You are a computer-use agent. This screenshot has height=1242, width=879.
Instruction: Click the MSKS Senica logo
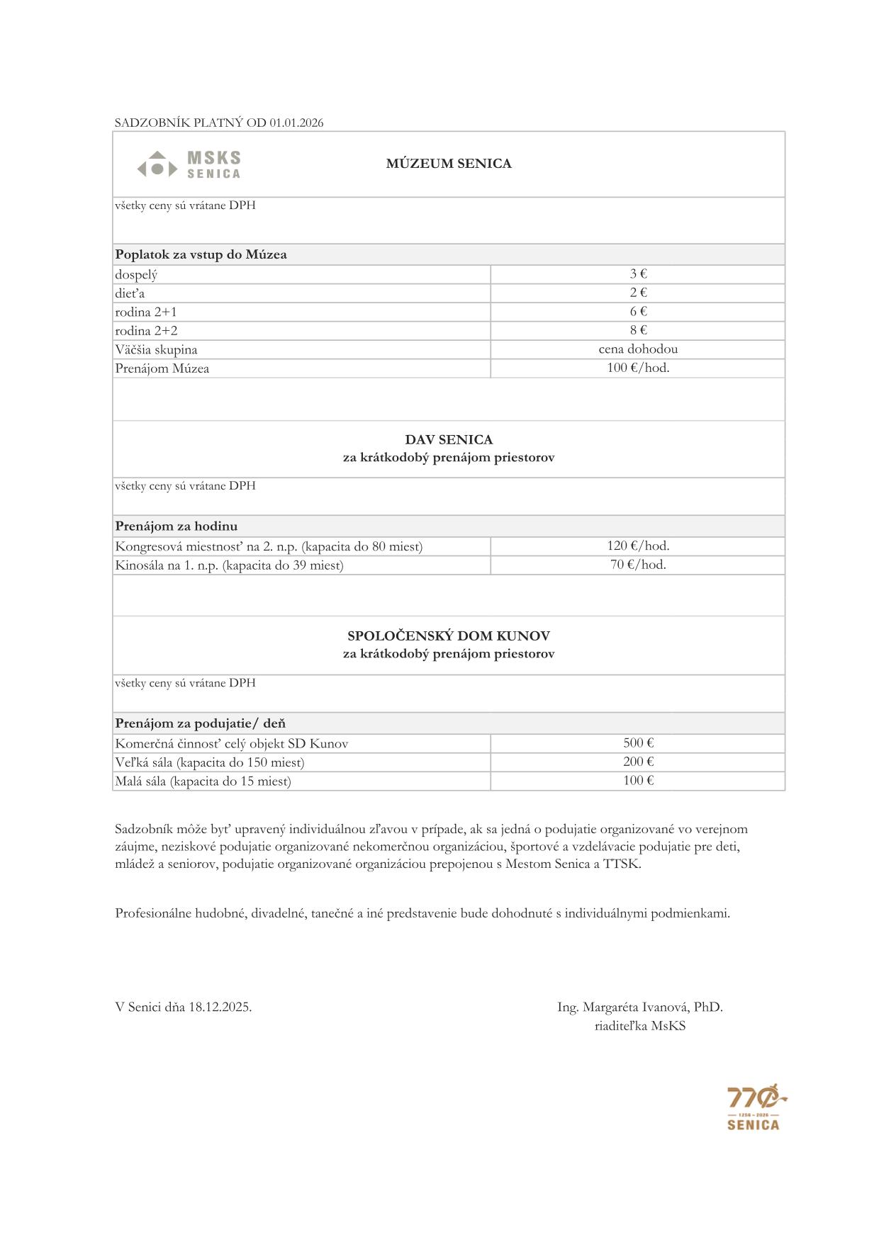pos(189,164)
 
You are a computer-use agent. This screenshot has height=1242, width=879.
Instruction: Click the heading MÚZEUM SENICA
pos(448,164)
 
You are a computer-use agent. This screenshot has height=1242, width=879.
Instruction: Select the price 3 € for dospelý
pos(638,274)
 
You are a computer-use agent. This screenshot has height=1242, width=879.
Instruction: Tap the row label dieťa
pos(130,293)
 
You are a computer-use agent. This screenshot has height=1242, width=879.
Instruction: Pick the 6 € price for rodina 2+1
pos(638,312)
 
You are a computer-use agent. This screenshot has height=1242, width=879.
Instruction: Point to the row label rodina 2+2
pos(146,331)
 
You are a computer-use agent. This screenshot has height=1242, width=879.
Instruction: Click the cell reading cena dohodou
pos(638,349)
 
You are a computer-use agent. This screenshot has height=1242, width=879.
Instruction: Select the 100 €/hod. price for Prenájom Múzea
pos(638,368)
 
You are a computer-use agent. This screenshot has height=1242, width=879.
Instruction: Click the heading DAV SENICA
pos(448,439)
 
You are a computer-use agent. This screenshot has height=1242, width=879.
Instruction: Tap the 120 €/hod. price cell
pos(638,546)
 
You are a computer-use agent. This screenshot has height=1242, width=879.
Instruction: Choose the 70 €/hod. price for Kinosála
pos(638,565)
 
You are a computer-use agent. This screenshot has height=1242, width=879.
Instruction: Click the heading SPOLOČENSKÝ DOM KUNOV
pos(448,636)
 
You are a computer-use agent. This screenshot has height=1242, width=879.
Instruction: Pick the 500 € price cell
pos(638,743)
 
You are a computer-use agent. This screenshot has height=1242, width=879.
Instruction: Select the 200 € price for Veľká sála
pos(638,762)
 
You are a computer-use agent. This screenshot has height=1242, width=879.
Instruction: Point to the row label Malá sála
pos(203,781)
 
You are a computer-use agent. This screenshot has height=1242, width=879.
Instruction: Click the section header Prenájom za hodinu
pos(177,526)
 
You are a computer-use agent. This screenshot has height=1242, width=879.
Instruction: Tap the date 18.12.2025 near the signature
pos(220,1007)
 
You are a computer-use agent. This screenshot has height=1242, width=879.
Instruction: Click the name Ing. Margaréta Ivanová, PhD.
pos(639,1007)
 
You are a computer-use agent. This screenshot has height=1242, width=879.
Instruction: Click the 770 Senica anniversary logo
pos(754,1107)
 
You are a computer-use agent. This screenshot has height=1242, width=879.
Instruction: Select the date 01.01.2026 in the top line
pos(296,123)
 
